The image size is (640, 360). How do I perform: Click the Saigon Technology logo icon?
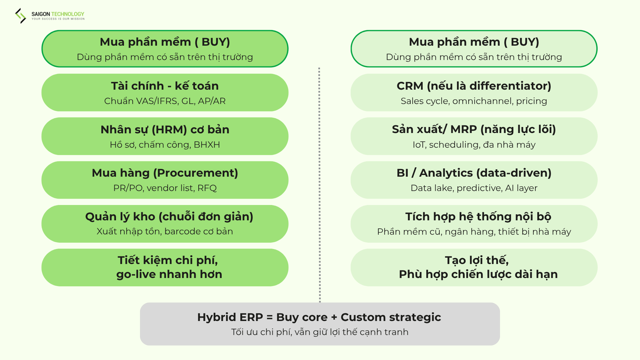pyautogui.click(x=20, y=16)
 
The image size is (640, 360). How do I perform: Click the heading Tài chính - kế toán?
pyautogui.click(x=165, y=86)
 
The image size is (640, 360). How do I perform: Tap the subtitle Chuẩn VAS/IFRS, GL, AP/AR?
pyautogui.click(x=165, y=101)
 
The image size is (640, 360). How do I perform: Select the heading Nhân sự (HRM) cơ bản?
pyautogui.click(x=165, y=130)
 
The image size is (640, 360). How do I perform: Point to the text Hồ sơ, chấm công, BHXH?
pyautogui.click(x=165, y=145)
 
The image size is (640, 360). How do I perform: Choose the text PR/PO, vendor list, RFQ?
pyautogui.click(x=165, y=188)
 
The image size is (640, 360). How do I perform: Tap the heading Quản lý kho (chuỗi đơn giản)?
pyautogui.click(x=169, y=217)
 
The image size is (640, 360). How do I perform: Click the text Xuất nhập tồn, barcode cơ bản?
pyautogui.click(x=165, y=231)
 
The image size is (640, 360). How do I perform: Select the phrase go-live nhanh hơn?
pyautogui.click(x=169, y=274)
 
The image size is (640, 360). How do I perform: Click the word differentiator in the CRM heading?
pyautogui.click(x=510, y=86)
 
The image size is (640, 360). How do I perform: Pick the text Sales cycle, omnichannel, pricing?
pyautogui.click(x=474, y=101)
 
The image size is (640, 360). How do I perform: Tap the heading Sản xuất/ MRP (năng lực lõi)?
pyautogui.click(x=474, y=130)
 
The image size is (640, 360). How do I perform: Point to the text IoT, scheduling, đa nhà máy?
pyautogui.click(x=474, y=145)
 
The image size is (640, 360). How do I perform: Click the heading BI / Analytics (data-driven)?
pyautogui.click(x=474, y=173)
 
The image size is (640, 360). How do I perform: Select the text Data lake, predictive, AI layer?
pyautogui.click(x=474, y=188)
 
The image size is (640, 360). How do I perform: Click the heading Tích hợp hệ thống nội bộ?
pyautogui.click(x=478, y=217)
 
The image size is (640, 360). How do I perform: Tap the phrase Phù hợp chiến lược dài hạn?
pyautogui.click(x=478, y=274)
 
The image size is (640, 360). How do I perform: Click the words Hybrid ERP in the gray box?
pyautogui.click(x=230, y=317)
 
